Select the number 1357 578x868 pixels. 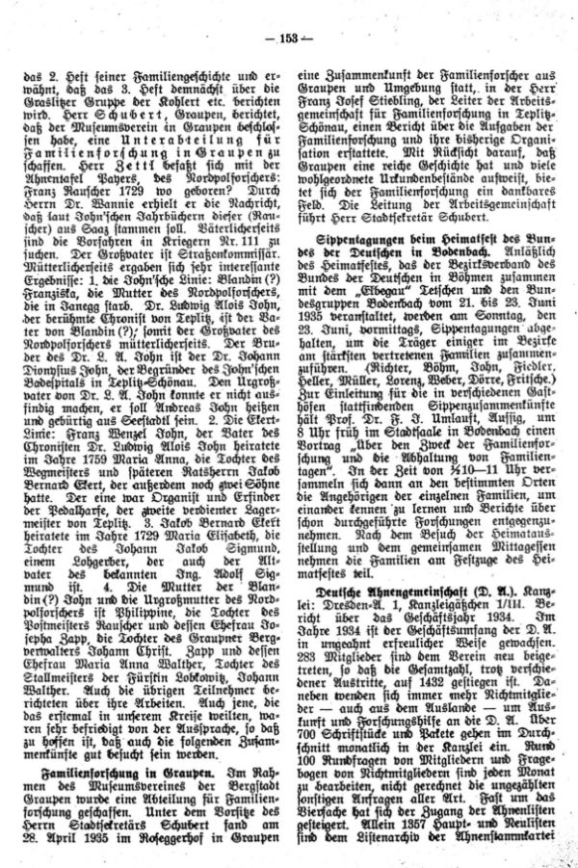pos(410,827)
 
